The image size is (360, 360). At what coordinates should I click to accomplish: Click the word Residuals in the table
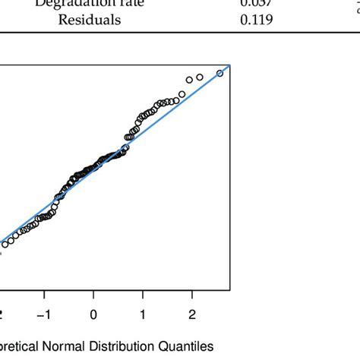pyautogui.click(x=90, y=21)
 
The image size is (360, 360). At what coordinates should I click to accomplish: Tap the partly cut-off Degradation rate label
pyautogui.click(x=90, y=3)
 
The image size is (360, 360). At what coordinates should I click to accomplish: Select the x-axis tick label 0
pyautogui.click(x=93, y=314)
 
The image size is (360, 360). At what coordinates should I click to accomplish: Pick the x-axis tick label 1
pyautogui.click(x=143, y=314)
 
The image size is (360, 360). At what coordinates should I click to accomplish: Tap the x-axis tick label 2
pyautogui.click(x=191, y=314)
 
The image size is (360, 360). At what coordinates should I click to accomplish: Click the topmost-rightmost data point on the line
pyautogui.click(x=219, y=73)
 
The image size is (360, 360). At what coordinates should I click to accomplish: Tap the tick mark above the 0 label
pyautogui.click(x=93, y=295)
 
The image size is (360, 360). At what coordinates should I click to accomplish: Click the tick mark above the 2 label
pyautogui.click(x=191, y=295)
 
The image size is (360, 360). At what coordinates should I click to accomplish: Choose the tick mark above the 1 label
pyautogui.click(x=143, y=295)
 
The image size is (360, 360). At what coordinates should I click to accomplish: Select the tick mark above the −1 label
pyautogui.click(x=45, y=295)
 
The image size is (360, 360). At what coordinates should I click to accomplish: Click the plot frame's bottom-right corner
pyautogui.click(x=229, y=289)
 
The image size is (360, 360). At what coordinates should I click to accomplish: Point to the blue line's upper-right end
pyautogui.click(x=229, y=66)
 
